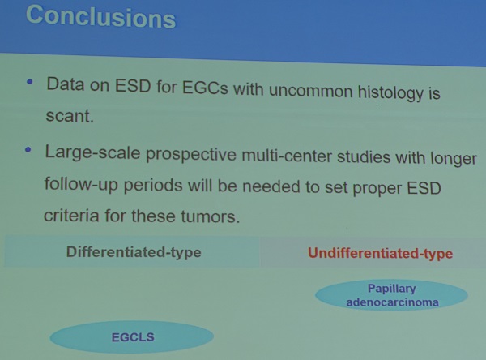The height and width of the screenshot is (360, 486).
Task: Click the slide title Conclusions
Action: pyautogui.click(x=101, y=17)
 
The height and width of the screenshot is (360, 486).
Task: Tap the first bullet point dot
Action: pyautogui.click(x=30, y=82)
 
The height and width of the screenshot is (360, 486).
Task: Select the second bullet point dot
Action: pyautogui.click(x=28, y=150)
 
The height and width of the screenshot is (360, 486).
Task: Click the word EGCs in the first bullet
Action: pyautogui.click(x=205, y=88)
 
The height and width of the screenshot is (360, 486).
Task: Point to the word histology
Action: pyautogui.click(x=390, y=92)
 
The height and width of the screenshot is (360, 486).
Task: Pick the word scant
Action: pyautogui.click(x=70, y=116)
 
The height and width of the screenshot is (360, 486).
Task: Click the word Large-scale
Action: pyautogui.click(x=92, y=152)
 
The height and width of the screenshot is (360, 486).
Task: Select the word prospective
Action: pyautogui.click(x=190, y=155)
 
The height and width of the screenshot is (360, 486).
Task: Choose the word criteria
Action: pyautogui.click(x=71, y=215)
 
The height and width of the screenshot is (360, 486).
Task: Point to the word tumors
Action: pyautogui.click(x=210, y=216)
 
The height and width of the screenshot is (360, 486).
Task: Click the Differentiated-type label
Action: pyautogui.click(x=134, y=252)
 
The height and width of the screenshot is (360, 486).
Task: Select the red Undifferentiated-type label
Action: pyautogui.click(x=381, y=254)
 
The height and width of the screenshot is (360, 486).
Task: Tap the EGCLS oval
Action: pyautogui.click(x=132, y=337)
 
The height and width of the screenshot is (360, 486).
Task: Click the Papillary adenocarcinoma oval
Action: pyautogui.click(x=392, y=295)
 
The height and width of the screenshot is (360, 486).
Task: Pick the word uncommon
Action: pyautogui.click(x=311, y=91)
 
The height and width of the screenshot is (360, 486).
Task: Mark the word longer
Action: pyautogui.click(x=454, y=159)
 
